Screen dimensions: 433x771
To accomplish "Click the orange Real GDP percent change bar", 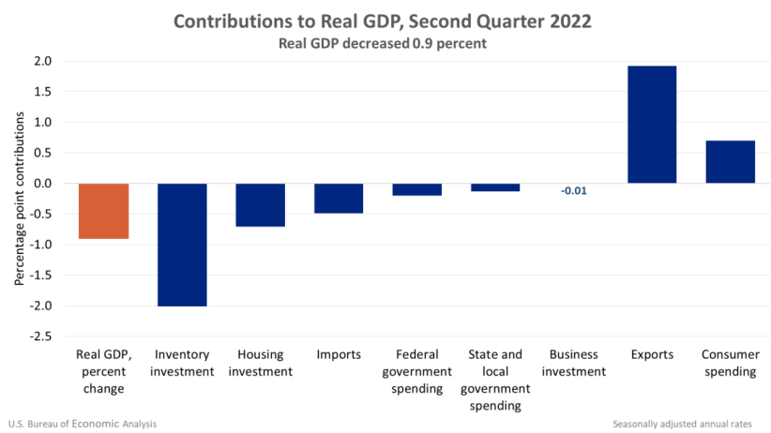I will coord(103,211).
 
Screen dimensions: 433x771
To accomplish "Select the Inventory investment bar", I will coord(182,245).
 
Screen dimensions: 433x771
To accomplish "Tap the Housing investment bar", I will coord(260,204).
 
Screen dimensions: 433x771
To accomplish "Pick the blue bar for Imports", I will coord(339,198).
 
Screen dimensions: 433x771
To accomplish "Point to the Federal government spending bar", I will coord(416,189).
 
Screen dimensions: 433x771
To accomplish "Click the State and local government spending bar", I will coord(495,187).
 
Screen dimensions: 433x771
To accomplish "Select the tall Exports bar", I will coord(652,124).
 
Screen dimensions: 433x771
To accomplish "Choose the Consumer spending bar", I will coord(730,161).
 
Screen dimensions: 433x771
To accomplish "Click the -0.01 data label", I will coord(573,191).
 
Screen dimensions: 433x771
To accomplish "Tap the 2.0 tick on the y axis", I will coord(43,61).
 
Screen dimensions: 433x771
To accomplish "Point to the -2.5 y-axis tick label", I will coord(41,336).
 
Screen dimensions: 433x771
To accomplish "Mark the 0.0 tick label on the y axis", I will coord(43,184).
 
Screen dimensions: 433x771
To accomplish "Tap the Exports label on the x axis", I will coord(652,355).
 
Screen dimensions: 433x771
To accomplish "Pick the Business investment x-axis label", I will coord(573,363).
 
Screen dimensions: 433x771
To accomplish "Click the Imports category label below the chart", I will coord(339,355).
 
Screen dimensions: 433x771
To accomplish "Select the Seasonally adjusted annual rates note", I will coord(689,424).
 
